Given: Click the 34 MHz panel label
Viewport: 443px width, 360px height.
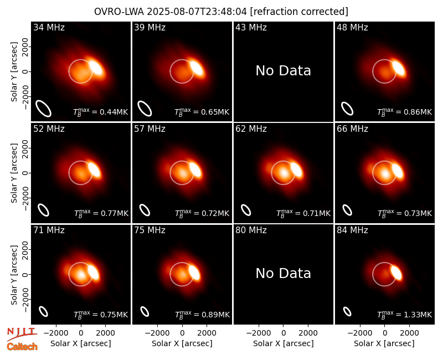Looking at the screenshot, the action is (49, 27).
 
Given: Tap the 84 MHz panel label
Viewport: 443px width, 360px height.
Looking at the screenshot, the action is (352, 230).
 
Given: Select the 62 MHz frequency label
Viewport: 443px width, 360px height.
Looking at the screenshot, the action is (251, 129).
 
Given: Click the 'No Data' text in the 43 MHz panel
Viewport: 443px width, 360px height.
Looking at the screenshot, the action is (283, 71).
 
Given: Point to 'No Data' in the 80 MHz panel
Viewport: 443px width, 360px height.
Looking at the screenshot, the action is (283, 273).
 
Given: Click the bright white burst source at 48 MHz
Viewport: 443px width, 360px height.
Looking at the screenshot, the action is (399, 68).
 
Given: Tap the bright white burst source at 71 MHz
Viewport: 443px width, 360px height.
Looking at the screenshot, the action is (93, 272).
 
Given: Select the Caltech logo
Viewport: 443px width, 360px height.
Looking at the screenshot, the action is (22, 347).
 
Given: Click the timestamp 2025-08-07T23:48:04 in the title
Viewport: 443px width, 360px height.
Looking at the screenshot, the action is (197, 12).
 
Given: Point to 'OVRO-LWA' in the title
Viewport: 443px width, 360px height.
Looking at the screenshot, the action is (119, 12).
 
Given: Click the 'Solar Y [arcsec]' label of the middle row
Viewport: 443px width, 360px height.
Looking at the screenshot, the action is (14, 173).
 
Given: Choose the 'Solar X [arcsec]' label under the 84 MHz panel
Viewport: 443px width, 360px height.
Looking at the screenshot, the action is (384, 343).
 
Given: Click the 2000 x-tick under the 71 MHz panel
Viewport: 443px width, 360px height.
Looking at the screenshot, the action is (105, 333).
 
